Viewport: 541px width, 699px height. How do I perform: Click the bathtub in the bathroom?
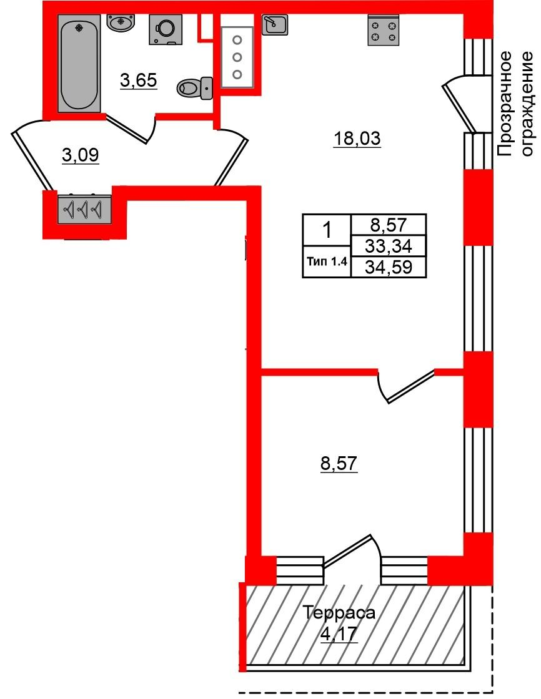[x=79, y=63]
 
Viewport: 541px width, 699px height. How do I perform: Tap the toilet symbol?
[x=195, y=87]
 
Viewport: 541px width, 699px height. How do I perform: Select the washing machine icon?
[x=165, y=29]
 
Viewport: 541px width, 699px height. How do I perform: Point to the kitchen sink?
[x=274, y=24]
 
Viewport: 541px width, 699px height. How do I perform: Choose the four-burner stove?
[x=384, y=31]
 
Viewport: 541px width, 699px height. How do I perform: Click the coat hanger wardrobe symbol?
[x=84, y=208]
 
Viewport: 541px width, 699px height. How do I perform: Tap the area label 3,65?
[x=139, y=81]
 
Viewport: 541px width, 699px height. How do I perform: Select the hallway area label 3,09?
[x=81, y=156]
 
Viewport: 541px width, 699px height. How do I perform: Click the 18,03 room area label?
[x=357, y=139]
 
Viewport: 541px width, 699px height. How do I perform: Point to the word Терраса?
[x=339, y=613]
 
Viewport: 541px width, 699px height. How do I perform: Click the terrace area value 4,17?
[x=339, y=634]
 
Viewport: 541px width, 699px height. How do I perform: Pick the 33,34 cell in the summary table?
[x=389, y=246]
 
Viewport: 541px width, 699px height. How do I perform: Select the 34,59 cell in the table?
[x=389, y=267]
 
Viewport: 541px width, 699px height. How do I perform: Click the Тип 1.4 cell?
[x=327, y=262]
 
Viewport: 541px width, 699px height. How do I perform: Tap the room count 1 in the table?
[x=327, y=230]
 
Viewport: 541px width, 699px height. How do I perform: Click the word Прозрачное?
[x=505, y=104]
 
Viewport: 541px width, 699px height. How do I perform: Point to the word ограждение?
[x=527, y=104]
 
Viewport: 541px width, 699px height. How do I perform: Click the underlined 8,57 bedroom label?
[x=339, y=464]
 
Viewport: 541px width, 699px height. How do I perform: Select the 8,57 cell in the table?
[x=389, y=225]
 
